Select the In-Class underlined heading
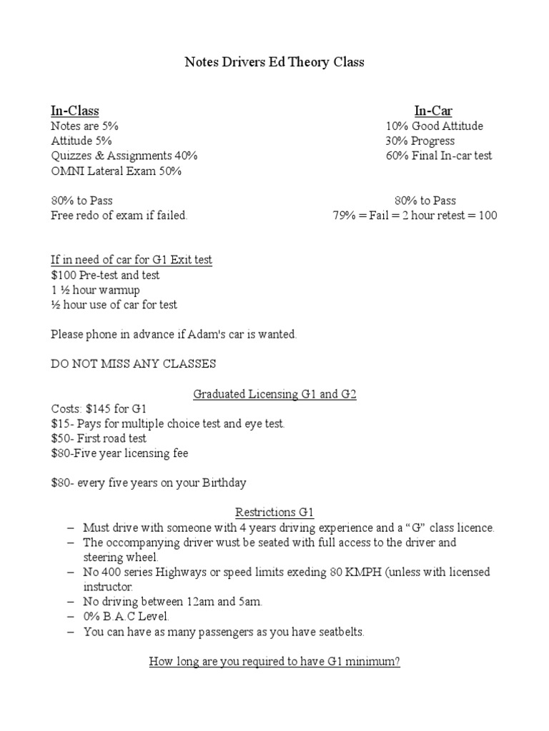pos(74,111)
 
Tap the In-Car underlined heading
pos(433,111)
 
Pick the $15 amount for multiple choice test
pos(60,424)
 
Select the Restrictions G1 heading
pos(274,513)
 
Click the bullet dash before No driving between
pos(70,603)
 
